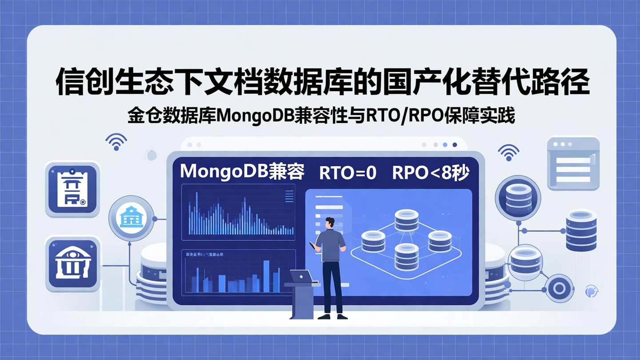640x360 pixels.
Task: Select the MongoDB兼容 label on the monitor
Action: (x=242, y=172)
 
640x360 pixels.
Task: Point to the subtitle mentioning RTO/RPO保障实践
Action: (x=321, y=116)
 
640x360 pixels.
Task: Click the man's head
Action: (x=329, y=223)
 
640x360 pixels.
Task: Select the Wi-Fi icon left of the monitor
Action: (x=116, y=142)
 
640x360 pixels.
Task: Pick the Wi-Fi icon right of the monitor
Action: (x=508, y=152)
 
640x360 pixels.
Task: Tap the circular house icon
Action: (x=132, y=218)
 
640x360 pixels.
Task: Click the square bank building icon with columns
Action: (x=72, y=264)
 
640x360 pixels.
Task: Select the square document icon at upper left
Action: (x=72, y=189)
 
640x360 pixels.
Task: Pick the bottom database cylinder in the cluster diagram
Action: (x=406, y=256)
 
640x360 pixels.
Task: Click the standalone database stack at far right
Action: (x=581, y=231)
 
